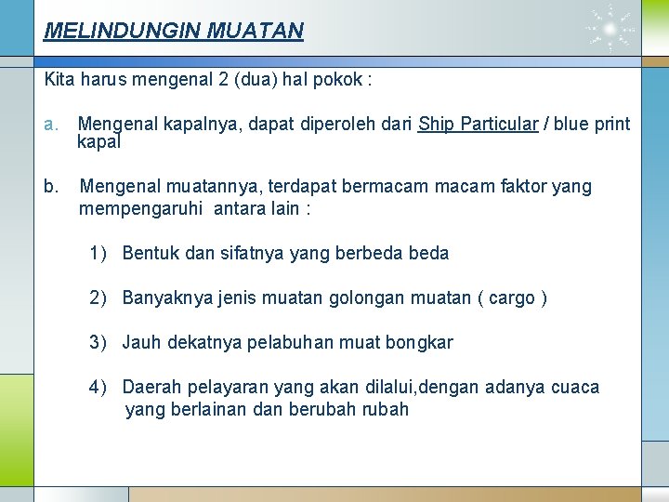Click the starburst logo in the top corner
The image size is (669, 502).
[x=610, y=29]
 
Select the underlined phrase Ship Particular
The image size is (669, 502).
[x=479, y=124]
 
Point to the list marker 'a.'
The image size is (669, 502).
[x=51, y=124]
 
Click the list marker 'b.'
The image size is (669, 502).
[x=51, y=187]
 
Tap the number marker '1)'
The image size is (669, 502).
[x=100, y=253]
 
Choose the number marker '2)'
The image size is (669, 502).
[x=100, y=297]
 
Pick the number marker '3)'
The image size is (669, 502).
[x=100, y=342]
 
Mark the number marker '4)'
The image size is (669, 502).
[x=100, y=387]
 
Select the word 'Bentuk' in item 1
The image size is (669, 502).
[x=150, y=253]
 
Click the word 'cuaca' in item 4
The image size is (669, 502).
[x=575, y=387]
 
